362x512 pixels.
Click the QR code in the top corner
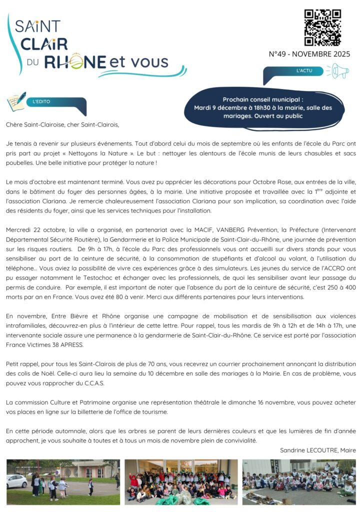click(322, 27)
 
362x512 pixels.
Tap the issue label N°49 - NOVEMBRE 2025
click(309, 54)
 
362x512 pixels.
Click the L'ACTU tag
click(304, 71)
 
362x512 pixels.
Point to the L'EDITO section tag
click(41, 101)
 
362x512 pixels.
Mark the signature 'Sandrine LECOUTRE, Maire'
click(317, 450)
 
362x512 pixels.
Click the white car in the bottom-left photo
click(16, 481)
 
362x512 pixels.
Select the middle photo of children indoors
click(181, 481)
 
